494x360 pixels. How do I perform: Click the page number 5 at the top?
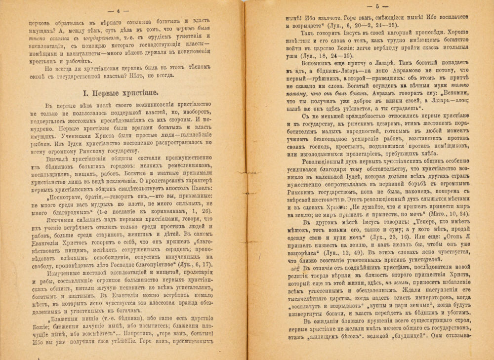(376, 7)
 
